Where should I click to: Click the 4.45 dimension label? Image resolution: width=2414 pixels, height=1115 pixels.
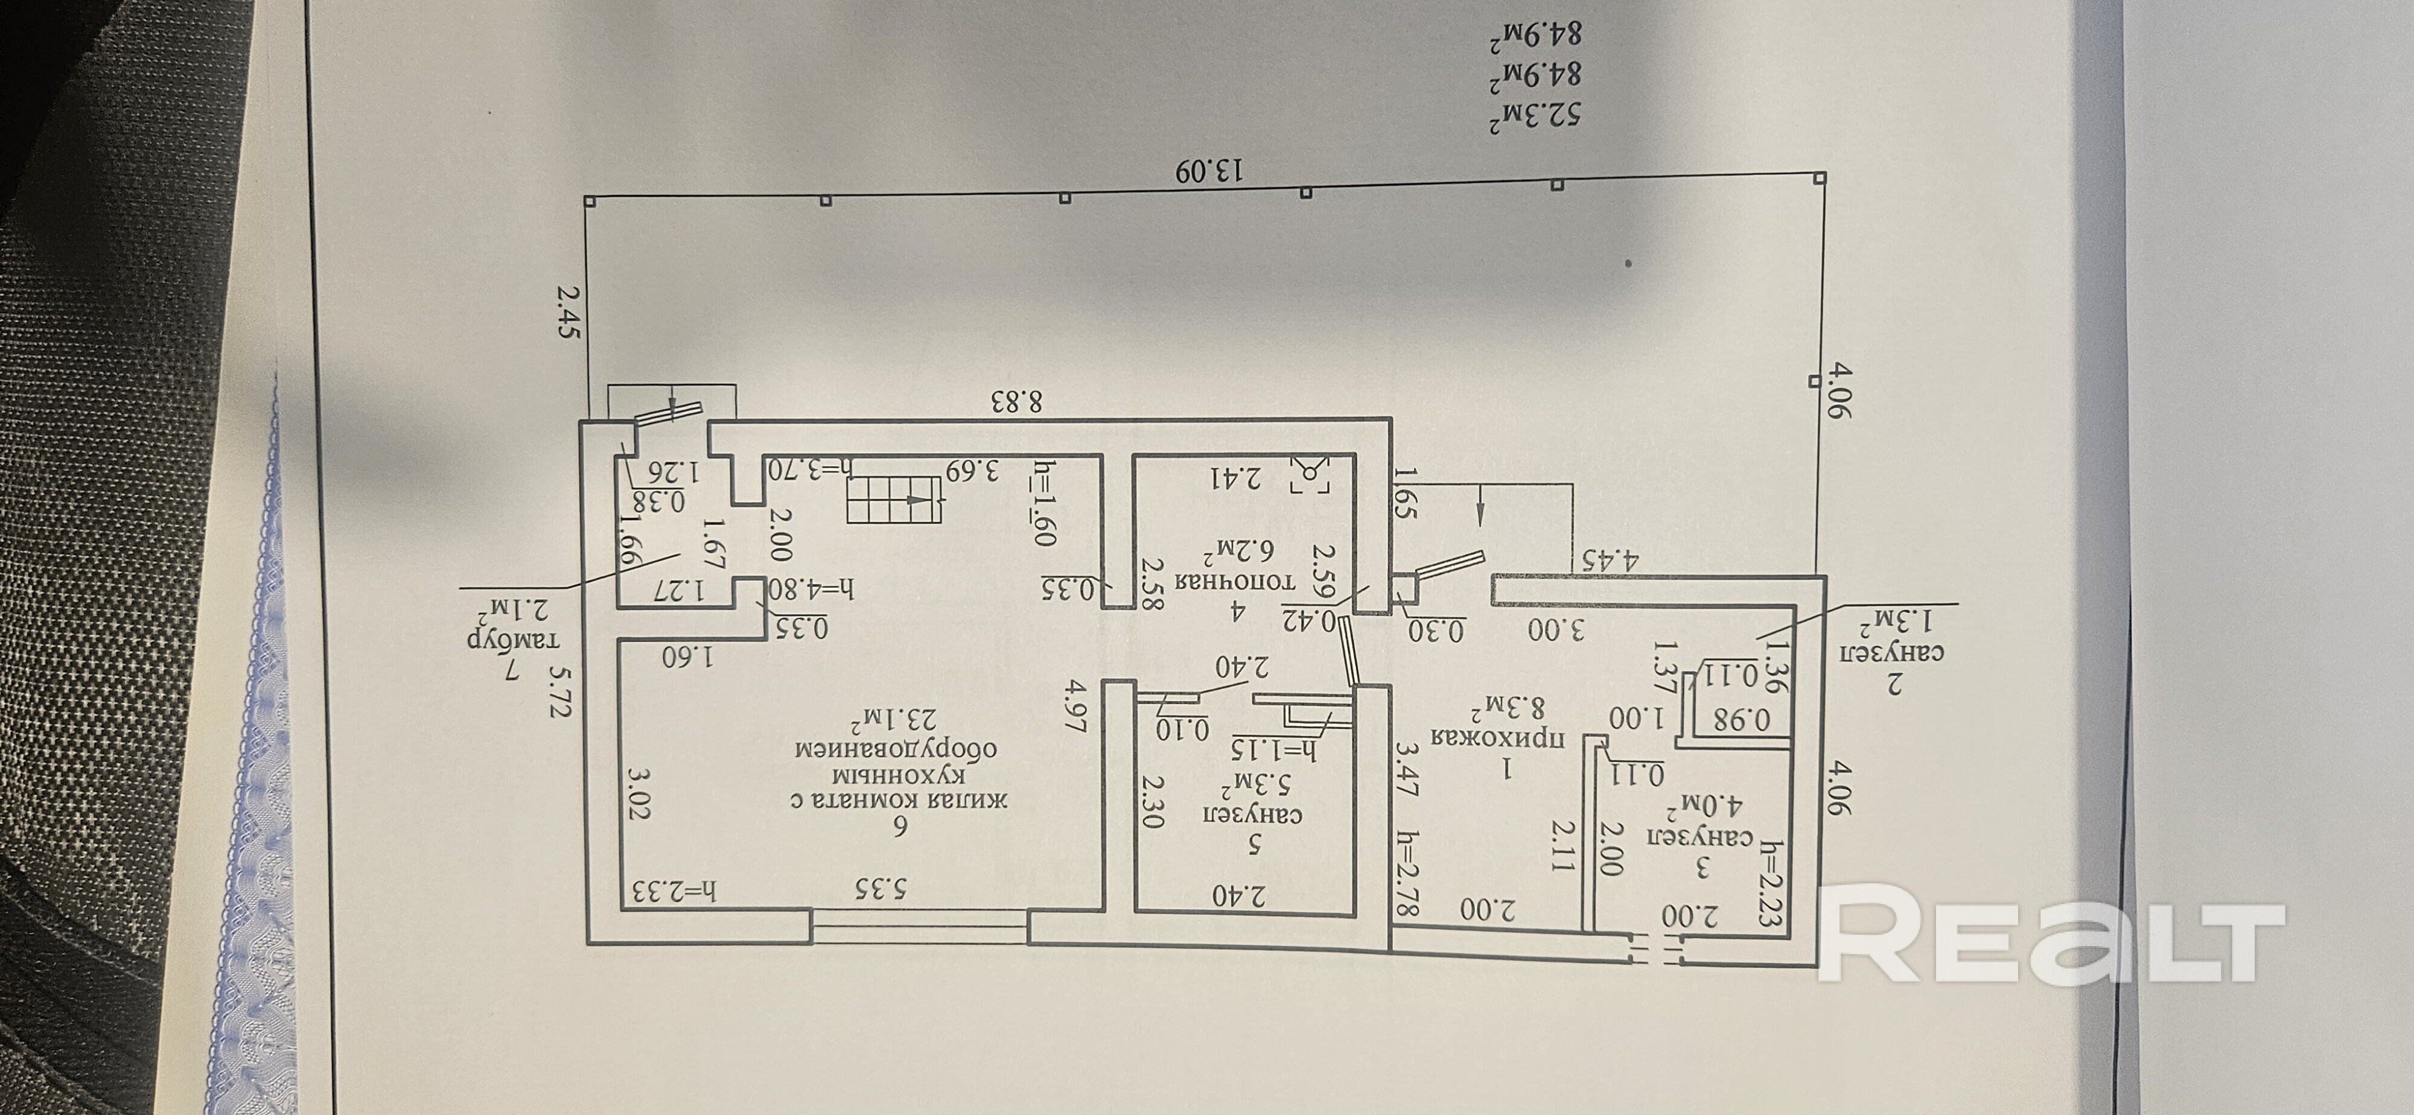[x=1610, y=561]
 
